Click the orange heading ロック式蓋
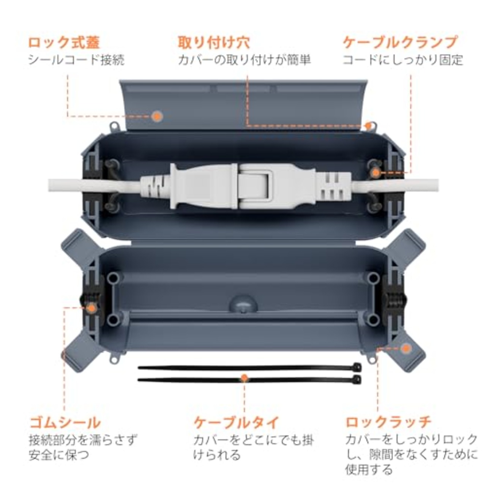[x=64, y=43]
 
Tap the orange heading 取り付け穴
[x=214, y=43]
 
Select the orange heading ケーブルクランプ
[x=400, y=43]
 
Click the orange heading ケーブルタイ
[x=236, y=422]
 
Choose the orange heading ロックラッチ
[x=388, y=422]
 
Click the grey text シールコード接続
[x=76, y=60]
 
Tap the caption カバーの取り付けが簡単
[x=244, y=60]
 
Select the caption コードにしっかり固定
[x=402, y=60]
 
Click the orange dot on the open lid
[x=157, y=116]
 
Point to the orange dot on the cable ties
[x=245, y=377]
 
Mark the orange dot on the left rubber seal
[x=91, y=308]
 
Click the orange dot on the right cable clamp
[x=376, y=173]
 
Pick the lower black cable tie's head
[x=357, y=379]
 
